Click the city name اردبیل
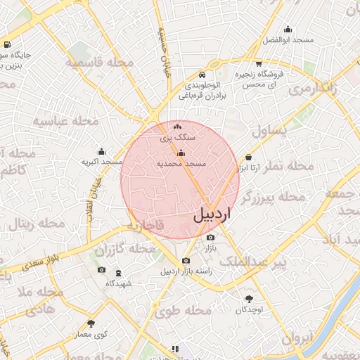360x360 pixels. point(211,214)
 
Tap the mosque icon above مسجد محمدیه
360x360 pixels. point(181,153)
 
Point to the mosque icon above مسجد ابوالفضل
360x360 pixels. point(288,29)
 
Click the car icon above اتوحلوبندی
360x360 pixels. point(202,74)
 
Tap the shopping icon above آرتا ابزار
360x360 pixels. point(249,158)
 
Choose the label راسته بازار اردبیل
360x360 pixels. point(186,271)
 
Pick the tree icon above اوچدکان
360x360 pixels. point(249,299)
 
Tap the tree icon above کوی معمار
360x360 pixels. point(91,323)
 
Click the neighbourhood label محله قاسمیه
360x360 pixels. point(100,63)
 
